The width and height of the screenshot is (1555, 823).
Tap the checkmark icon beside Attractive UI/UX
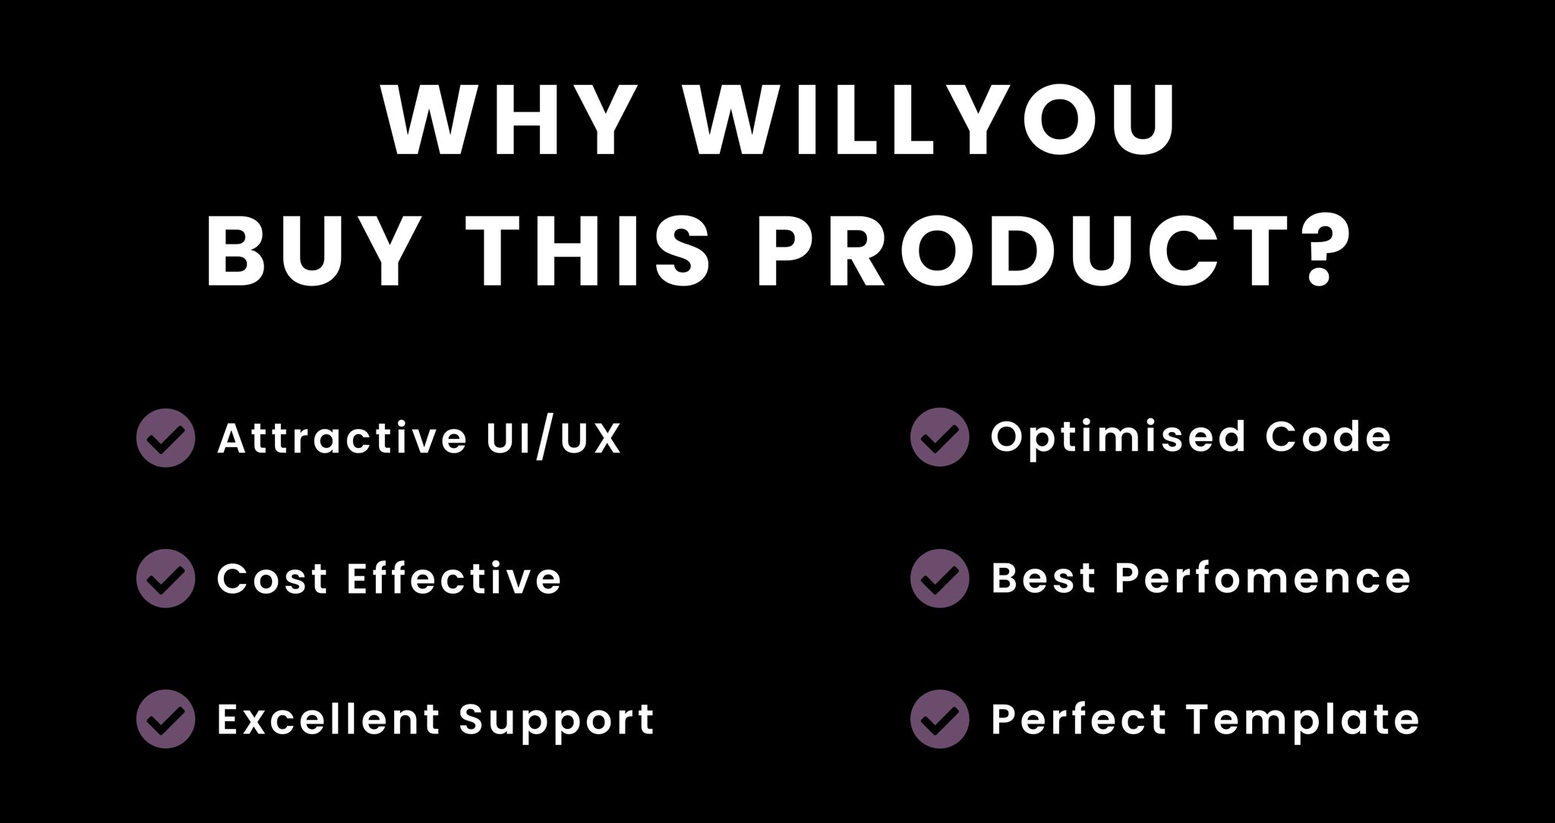166,437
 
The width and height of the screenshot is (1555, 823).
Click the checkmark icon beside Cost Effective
166,579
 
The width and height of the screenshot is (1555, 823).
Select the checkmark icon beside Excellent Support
166,719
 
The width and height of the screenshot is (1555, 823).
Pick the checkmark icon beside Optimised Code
940,437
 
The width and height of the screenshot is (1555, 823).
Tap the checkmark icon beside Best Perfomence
940,579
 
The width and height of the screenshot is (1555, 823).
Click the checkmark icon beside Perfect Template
940,719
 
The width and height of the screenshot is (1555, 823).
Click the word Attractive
342,437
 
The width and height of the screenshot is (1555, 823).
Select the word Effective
454,578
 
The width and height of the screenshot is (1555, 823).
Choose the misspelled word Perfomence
1263,578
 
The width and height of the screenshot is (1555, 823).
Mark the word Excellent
329,719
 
